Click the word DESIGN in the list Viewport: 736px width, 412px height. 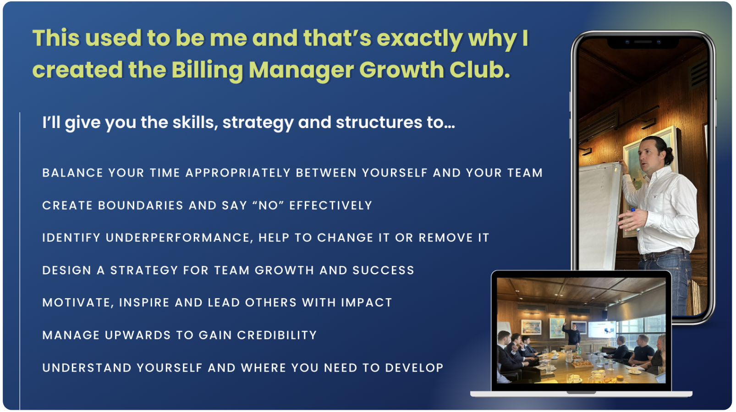[x=67, y=270]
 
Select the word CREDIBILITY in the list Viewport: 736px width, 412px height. [x=277, y=335]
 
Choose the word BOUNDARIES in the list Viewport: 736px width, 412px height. [x=141, y=206]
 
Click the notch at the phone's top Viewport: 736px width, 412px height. [x=643, y=42]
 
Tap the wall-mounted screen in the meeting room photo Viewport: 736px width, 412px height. [x=601, y=329]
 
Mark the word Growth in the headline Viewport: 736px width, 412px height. [x=401, y=70]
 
